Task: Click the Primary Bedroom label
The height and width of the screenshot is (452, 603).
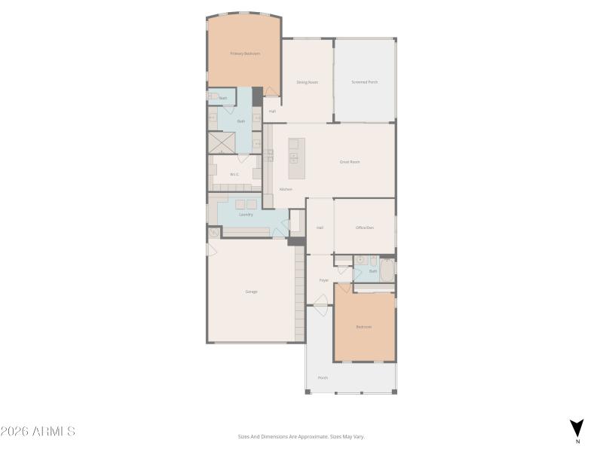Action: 245,53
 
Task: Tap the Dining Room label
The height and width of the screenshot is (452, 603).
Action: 307,82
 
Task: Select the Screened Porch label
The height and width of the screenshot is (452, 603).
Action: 365,82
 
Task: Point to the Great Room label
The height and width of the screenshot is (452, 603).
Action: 350,162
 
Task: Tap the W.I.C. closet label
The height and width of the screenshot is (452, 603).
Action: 234,174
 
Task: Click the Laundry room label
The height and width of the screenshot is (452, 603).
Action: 246,215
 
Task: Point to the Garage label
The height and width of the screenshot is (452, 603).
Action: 251,292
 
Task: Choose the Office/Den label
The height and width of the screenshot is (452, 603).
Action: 365,228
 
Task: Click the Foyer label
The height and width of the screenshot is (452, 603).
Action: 323,280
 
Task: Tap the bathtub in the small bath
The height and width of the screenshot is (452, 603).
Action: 387,270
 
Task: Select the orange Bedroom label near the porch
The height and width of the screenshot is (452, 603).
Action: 364,327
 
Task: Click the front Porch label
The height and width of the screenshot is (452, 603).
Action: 323,377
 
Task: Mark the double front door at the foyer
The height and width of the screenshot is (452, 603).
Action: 322,305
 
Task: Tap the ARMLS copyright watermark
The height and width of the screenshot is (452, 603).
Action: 38,432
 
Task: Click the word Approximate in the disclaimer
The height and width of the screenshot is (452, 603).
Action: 311,436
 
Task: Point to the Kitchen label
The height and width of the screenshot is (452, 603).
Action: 286,189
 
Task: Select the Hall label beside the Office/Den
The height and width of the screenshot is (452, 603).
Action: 320,228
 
